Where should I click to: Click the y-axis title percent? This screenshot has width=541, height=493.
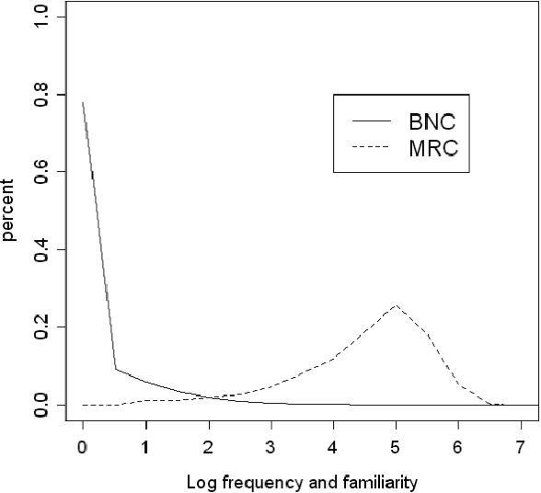pos(9,211)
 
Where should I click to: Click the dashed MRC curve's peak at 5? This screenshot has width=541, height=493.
pos(396,305)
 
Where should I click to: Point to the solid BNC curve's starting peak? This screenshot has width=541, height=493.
pos(83,103)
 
